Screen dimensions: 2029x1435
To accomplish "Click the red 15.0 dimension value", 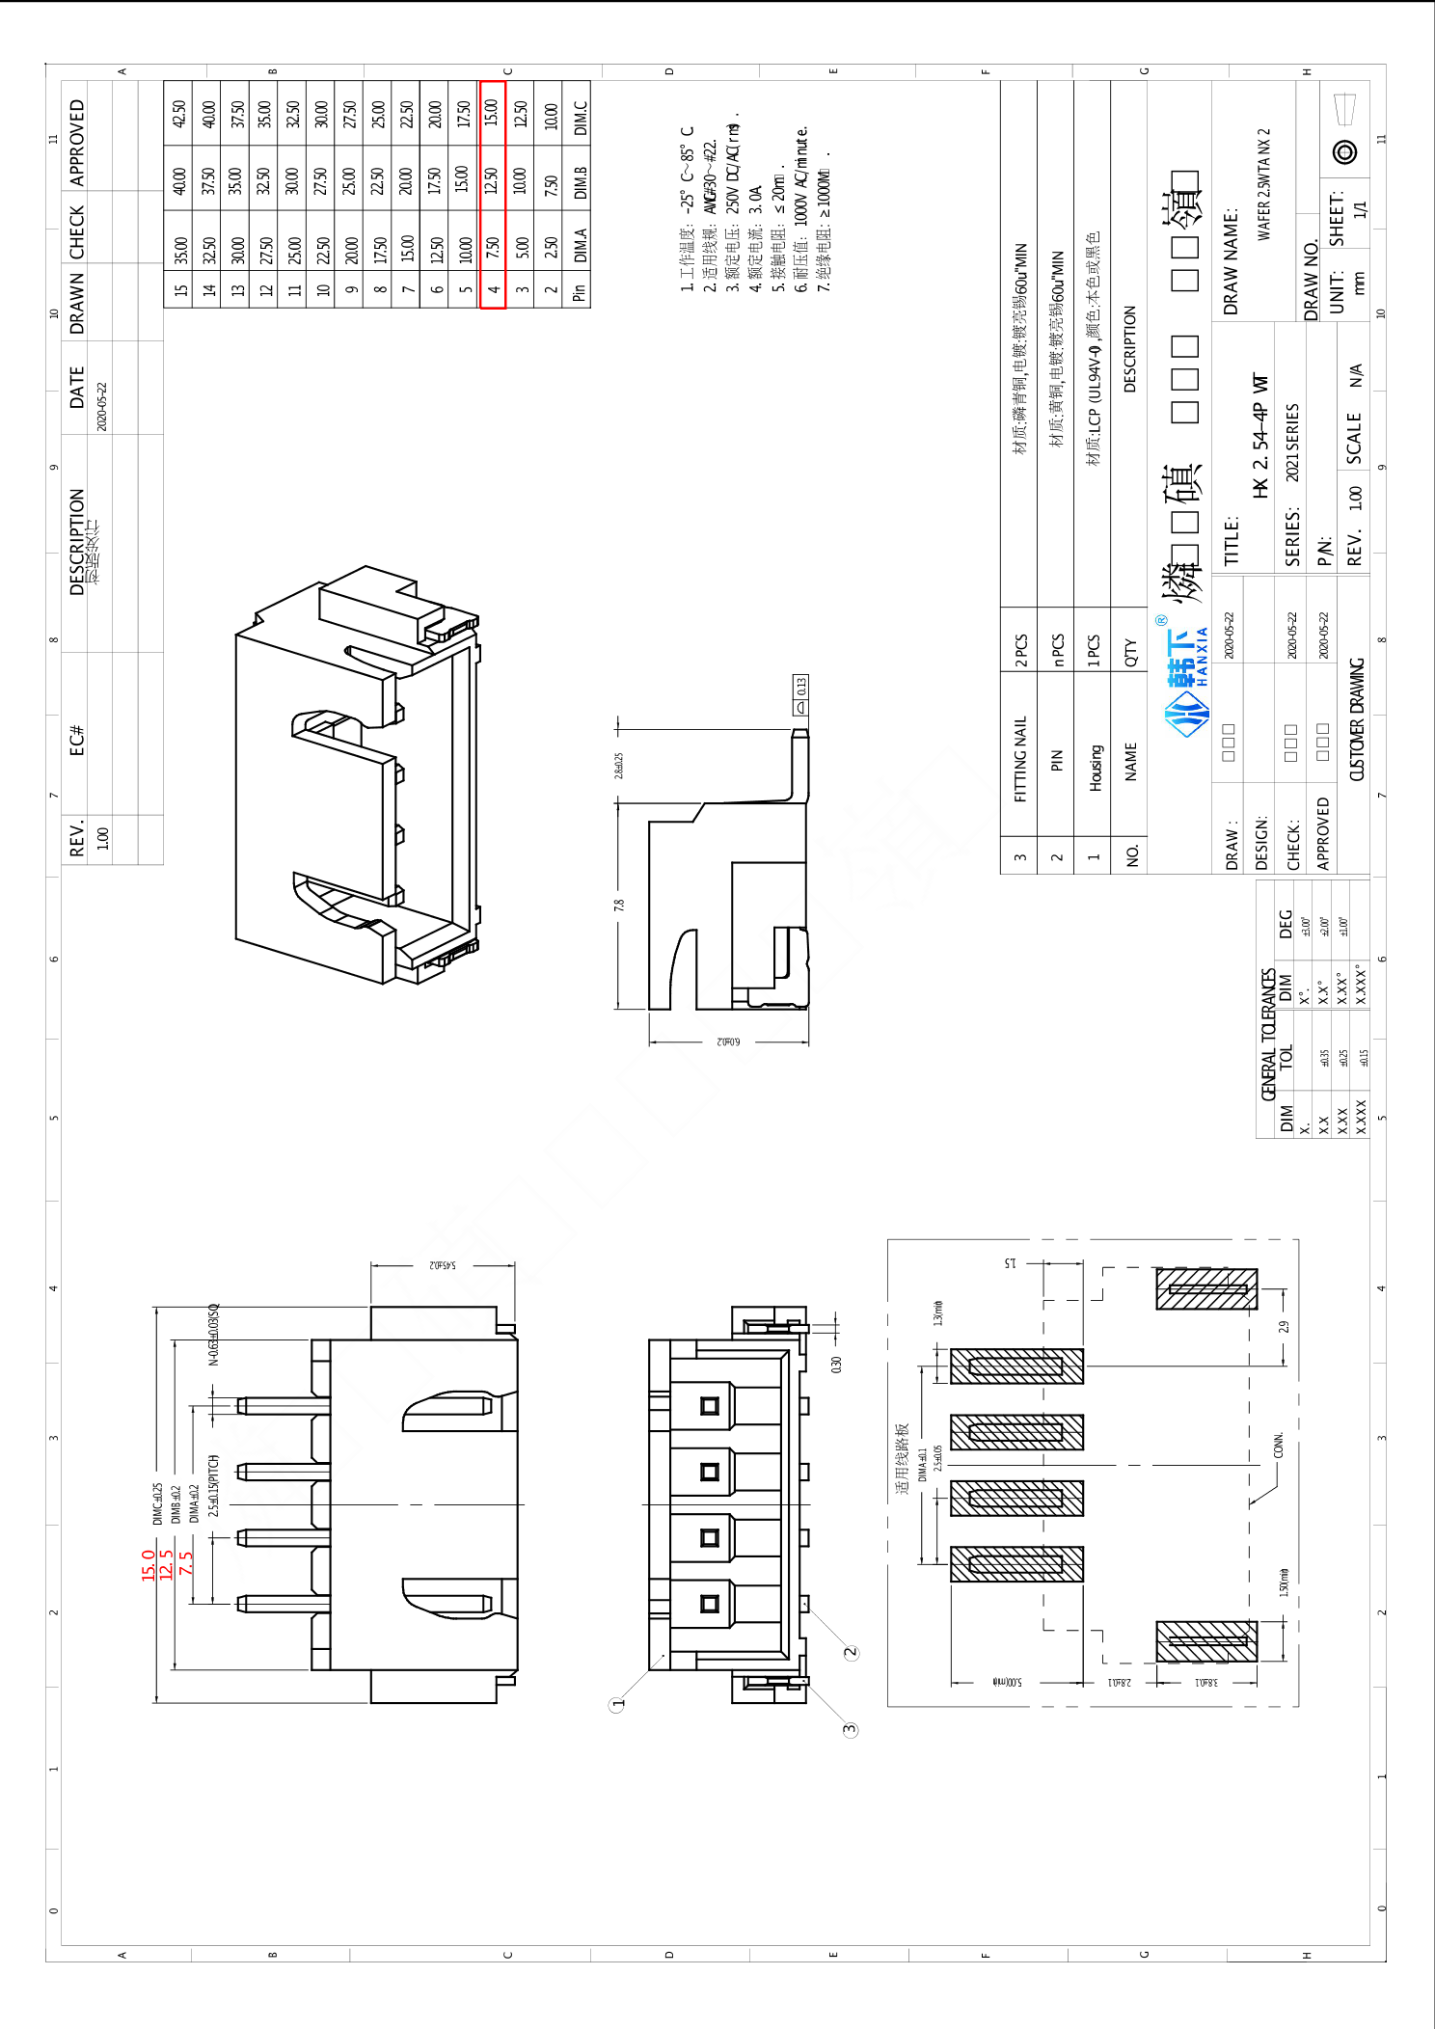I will [x=149, y=1564].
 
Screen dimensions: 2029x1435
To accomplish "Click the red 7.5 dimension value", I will [x=185, y=1562].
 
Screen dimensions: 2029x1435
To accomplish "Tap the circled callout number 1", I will [x=618, y=1704].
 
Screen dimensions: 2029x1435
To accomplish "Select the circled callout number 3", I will [x=850, y=1729].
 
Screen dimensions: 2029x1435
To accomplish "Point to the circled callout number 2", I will [x=851, y=1652].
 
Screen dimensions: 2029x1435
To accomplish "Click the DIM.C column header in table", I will [x=580, y=118].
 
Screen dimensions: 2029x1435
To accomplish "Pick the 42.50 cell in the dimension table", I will [x=178, y=114].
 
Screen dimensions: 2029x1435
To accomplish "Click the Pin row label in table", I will [x=579, y=291].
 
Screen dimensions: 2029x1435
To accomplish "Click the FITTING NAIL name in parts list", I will [x=1019, y=758].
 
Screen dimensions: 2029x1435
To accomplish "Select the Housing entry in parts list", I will [x=1095, y=768].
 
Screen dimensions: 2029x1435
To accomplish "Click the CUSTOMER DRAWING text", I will [x=1356, y=718].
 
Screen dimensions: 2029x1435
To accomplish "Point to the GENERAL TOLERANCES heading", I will [x=1269, y=1034].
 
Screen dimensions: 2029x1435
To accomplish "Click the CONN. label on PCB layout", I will [x=1279, y=1445].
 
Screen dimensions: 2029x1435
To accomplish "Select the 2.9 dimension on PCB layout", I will [x=1284, y=1327].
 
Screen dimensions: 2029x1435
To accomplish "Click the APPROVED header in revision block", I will [x=77, y=142].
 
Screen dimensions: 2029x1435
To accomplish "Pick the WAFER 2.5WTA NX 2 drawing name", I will [x=1263, y=183].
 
